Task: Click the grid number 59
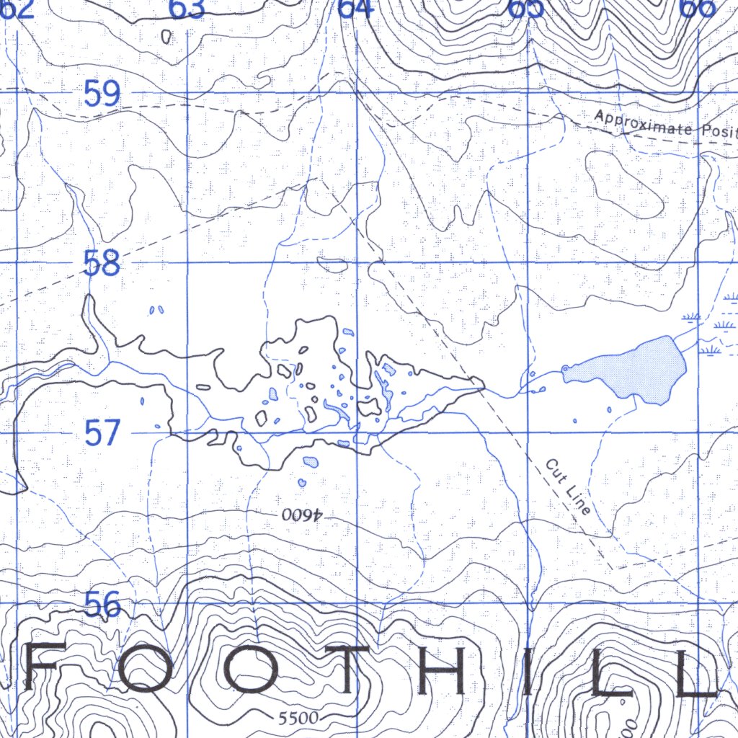(101, 94)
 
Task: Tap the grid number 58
(101, 264)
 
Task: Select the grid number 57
(102, 434)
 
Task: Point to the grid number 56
(102, 604)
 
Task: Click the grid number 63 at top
(187, 9)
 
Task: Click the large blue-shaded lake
(634, 369)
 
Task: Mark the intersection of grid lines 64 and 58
(358, 262)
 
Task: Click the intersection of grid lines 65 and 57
(530, 432)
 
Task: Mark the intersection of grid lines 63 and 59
(187, 93)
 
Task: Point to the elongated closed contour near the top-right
(623, 183)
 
